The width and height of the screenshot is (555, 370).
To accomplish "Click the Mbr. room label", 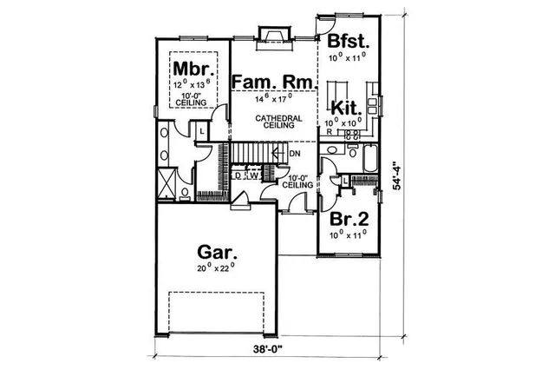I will click(x=188, y=68).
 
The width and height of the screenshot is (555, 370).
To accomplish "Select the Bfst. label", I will click(x=348, y=41).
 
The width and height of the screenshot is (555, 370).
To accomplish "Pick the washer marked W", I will click(x=255, y=175).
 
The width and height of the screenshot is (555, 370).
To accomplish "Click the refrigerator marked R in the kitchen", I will click(x=330, y=132).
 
